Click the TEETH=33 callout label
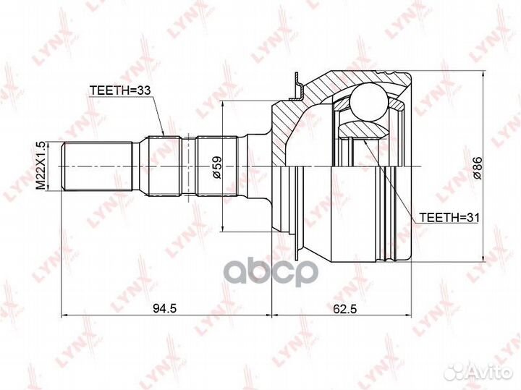[121, 90]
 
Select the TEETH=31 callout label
[449, 218]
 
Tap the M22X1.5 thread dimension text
[41, 166]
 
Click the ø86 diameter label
[478, 168]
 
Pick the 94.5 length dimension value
[164, 309]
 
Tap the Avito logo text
[488, 372]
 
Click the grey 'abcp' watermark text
[270, 273]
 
